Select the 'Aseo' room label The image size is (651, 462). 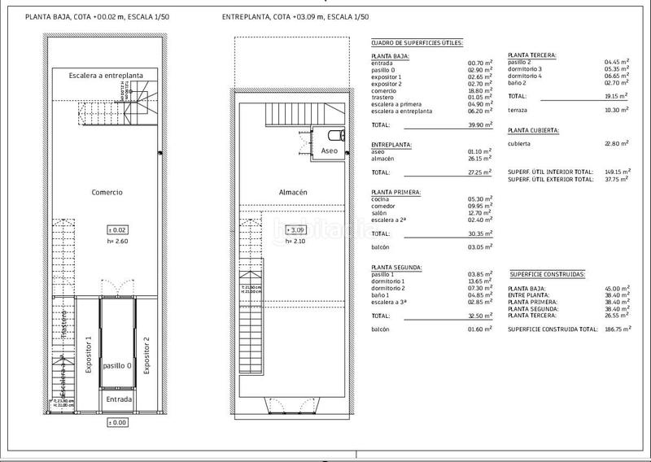point(329,151)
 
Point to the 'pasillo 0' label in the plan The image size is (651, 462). point(119,366)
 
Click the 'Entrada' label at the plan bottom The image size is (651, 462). point(119,399)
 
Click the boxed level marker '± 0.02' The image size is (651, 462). point(118,231)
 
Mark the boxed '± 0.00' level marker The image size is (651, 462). point(119,423)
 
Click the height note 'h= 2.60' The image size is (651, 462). point(118,242)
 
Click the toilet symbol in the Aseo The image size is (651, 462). point(336,135)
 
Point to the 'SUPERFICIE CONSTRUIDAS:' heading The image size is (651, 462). point(548,275)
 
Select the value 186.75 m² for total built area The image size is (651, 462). point(615,329)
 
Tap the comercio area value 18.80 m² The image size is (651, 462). point(477,91)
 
